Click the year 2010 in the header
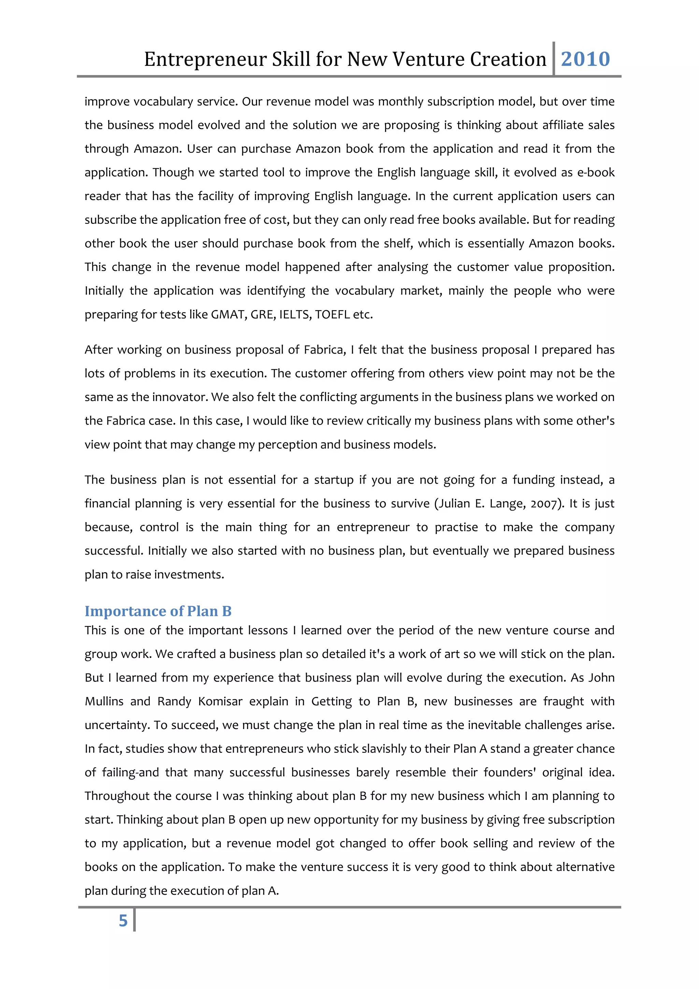(x=585, y=59)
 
